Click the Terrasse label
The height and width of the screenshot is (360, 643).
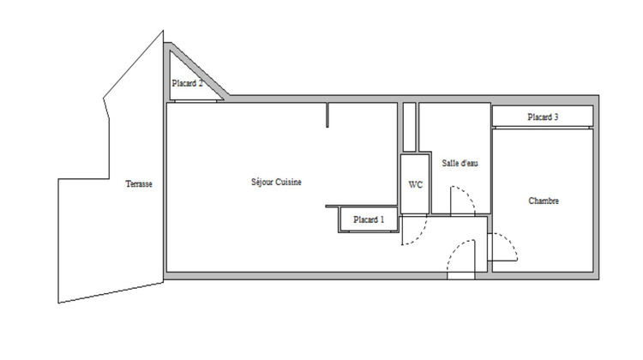coord(138,183)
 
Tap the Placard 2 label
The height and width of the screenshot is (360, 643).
coord(187,83)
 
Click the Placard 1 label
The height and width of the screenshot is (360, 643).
coord(369,220)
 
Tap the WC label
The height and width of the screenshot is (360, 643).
coord(415,184)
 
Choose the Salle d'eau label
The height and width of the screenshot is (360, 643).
coord(460,163)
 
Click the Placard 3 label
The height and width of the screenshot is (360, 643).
coord(544,117)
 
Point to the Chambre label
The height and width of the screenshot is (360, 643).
coord(544,201)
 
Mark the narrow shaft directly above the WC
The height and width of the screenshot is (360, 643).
coord(409,129)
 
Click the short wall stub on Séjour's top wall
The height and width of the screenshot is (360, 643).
coord(328,116)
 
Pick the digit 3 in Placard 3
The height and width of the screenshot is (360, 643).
coord(557,117)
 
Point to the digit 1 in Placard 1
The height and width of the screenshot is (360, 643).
coord(382,220)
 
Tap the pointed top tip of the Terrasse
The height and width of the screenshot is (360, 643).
coord(162,33)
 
